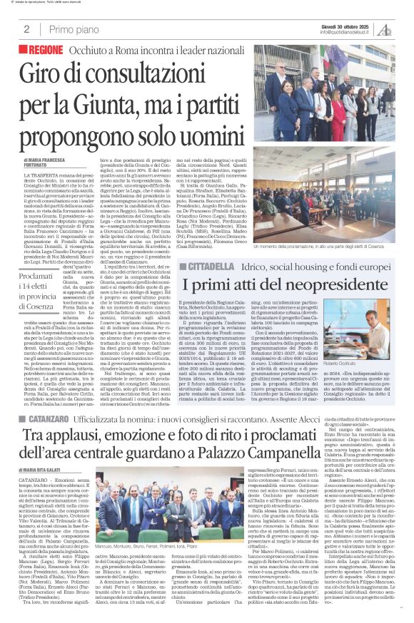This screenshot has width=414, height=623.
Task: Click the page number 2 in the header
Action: tap(26, 29)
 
